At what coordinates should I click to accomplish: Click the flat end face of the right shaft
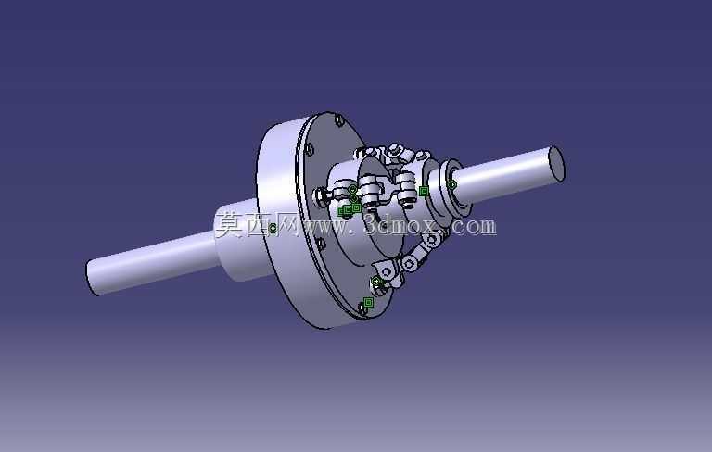[556, 164]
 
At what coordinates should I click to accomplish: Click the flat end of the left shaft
[92, 277]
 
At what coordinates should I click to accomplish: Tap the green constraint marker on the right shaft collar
[451, 184]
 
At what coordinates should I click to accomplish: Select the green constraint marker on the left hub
[273, 228]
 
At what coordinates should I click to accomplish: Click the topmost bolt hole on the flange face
[339, 120]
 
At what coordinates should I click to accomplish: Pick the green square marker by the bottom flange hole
[368, 302]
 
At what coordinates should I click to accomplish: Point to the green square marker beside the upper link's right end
[424, 192]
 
